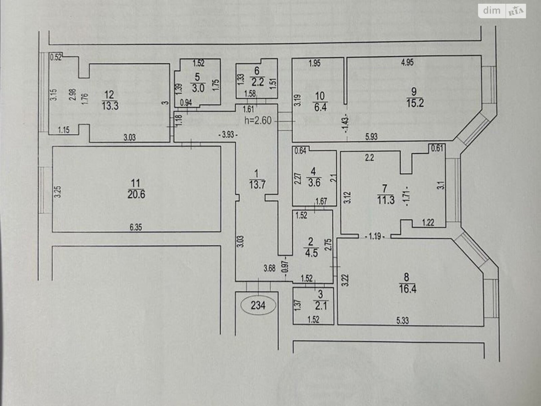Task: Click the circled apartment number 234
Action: tap(259, 306)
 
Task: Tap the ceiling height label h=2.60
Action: tap(259, 120)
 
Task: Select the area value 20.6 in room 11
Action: tap(136, 195)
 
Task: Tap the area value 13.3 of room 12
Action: tap(110, 106)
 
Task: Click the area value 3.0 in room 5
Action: tap(198, 89)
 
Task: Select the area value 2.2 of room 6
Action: tap(257, 82)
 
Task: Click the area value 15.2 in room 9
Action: tap(415, 103)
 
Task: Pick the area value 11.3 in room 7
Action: tap(386, 200)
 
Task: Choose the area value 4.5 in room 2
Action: tap(311, 253)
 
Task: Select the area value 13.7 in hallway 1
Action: tap(256, 185)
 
